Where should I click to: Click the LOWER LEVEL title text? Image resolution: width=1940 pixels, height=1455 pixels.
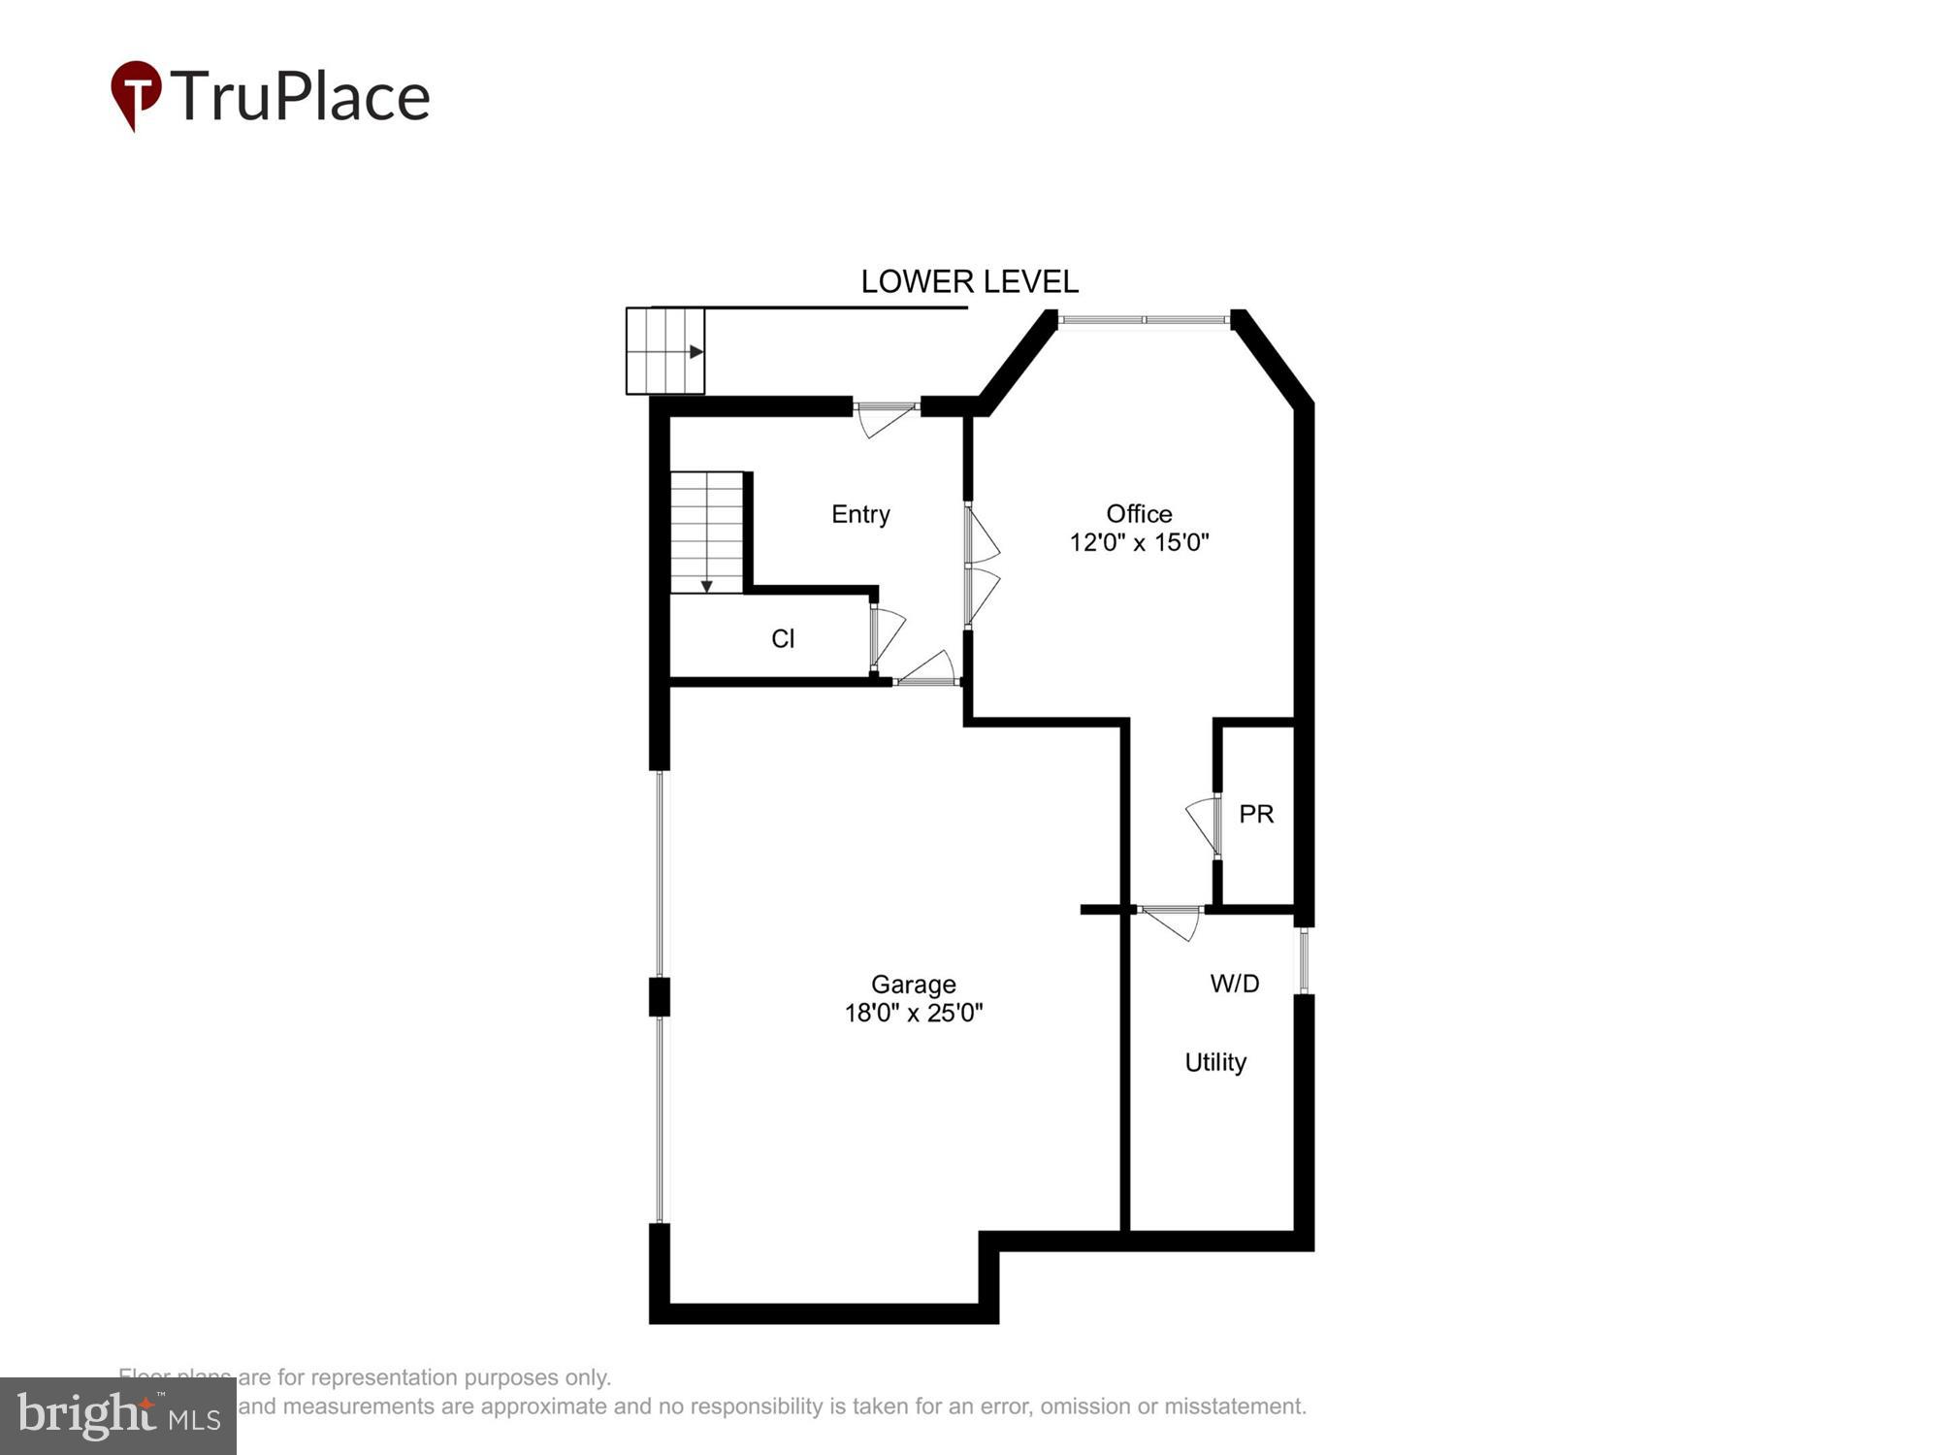(969, 282)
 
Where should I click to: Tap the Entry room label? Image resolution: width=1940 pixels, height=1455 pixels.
(860, 514)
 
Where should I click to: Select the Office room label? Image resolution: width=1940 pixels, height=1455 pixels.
(1139, 514)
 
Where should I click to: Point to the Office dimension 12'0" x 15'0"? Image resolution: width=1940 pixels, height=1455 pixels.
(1139, 542)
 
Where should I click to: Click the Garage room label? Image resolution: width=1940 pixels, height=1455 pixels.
(913, 985)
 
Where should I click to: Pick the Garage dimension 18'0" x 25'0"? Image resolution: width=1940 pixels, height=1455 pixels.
(913, 1014)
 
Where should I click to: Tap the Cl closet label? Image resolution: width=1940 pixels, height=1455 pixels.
(783, 638)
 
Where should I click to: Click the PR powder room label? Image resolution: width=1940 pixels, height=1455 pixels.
(1256, 815)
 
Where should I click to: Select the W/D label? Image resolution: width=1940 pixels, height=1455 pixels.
(1235, 984)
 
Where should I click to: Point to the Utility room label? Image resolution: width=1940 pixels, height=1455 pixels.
(1215, 1062)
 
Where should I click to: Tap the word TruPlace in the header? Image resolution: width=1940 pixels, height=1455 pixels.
(301, 97)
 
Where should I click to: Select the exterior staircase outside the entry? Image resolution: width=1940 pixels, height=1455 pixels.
(664, 351)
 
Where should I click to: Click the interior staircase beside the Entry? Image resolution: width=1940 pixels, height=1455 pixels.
(706, 532)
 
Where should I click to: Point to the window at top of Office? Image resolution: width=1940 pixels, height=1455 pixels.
(1144, 319)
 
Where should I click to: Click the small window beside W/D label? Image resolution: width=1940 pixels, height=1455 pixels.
(1304, 960)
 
